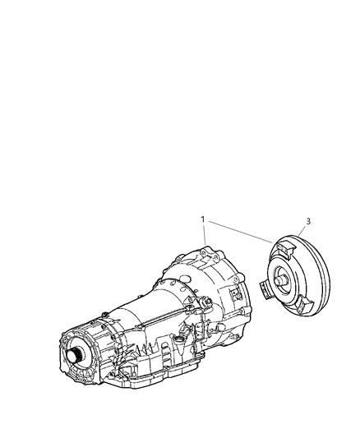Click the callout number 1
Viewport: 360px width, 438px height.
[202, 220]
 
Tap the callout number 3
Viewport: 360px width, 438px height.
[307, 221]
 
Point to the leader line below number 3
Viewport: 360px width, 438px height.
[303, 231]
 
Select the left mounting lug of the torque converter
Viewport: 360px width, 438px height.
[265, 288]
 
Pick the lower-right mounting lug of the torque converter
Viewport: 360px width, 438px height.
[305, 308]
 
